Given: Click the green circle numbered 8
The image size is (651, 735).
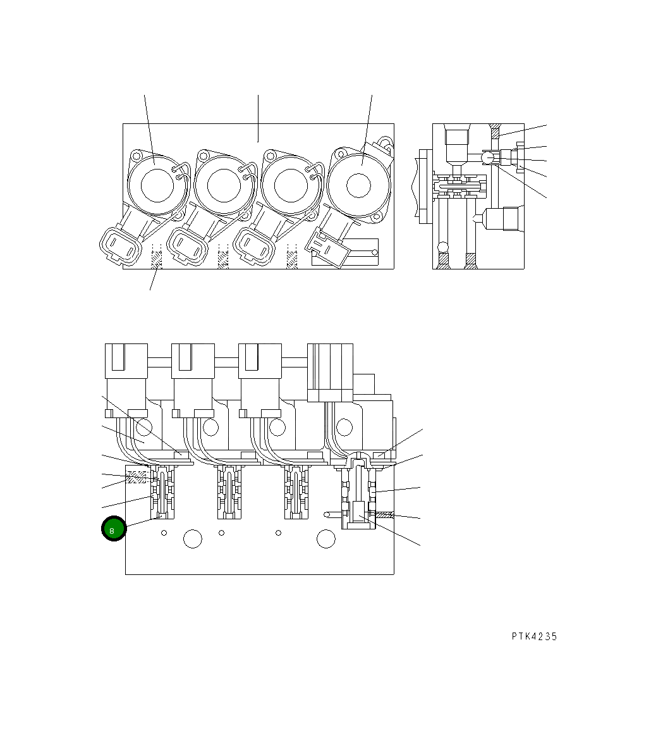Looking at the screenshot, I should (114, 529).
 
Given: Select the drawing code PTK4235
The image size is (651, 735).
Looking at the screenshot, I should (534, 637).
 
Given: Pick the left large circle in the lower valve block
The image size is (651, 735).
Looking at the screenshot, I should (192, 539).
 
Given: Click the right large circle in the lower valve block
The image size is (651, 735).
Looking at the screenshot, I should (325, 539).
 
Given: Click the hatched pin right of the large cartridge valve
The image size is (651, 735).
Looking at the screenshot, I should (384, 515).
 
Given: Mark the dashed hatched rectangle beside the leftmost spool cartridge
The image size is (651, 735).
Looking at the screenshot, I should (137, 477).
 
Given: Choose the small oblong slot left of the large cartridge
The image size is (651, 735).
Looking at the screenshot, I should (331, 514).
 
